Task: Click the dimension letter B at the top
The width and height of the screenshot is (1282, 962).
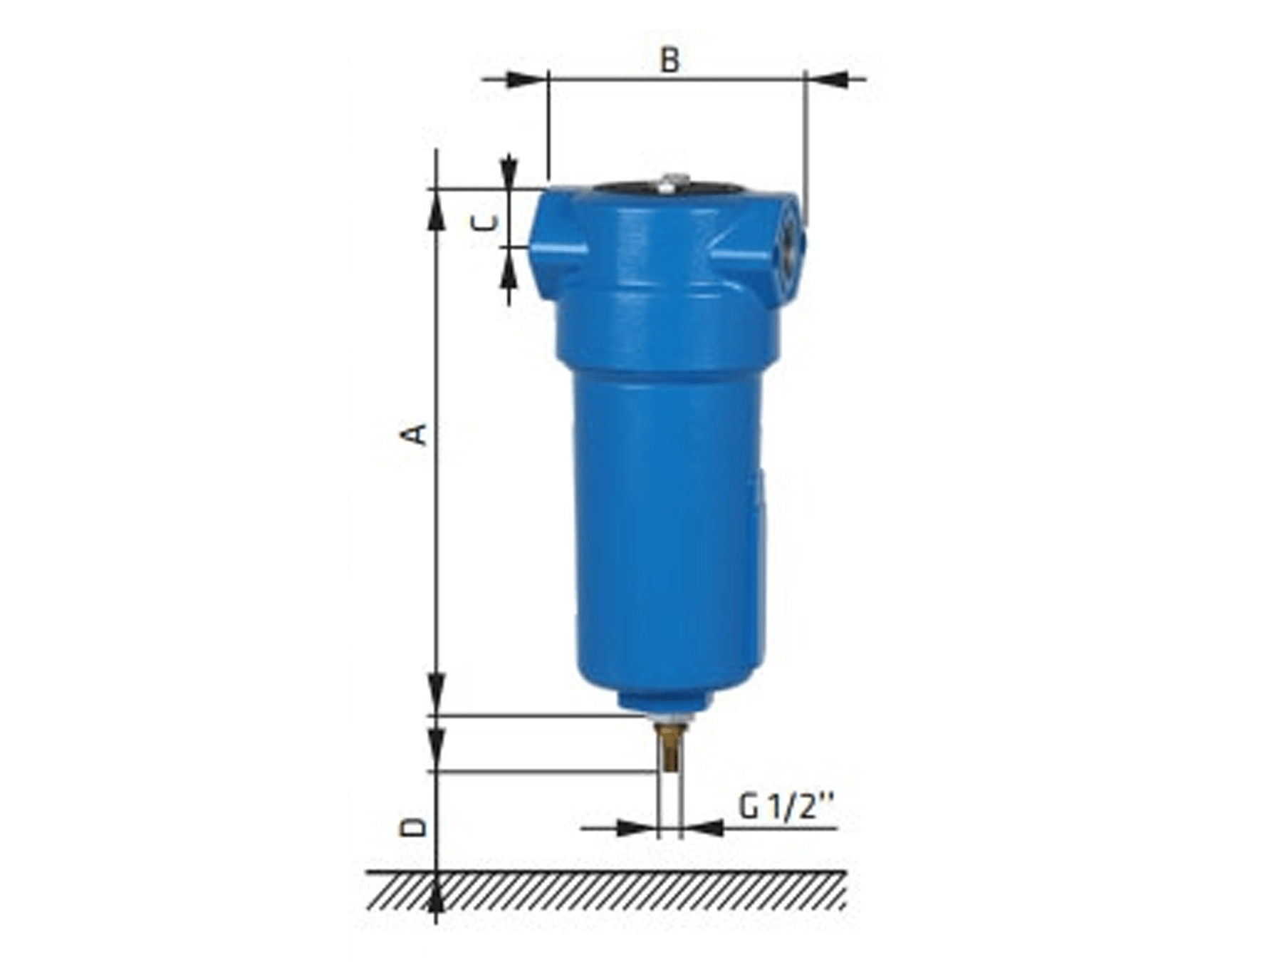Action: pyautogui.click(x=669, y=60)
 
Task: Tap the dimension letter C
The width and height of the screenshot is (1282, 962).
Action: pyautogui.click(x=486, y=223)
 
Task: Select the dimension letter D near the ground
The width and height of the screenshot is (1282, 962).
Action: pyautogui.click(x=415, y=827)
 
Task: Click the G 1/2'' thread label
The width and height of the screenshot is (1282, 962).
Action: pyautogui.click(x=786, y=807)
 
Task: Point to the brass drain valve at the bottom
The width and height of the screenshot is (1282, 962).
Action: pyautogui.click(x=668, y=748)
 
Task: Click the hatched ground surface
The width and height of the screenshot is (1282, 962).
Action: pyautogui.click(x=605, y=891)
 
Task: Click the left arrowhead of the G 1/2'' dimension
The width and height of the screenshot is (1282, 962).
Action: pyautogui.click(x=637, y=828)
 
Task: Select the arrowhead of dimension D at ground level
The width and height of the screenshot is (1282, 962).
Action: pyautogui.click(x=436, y=894)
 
